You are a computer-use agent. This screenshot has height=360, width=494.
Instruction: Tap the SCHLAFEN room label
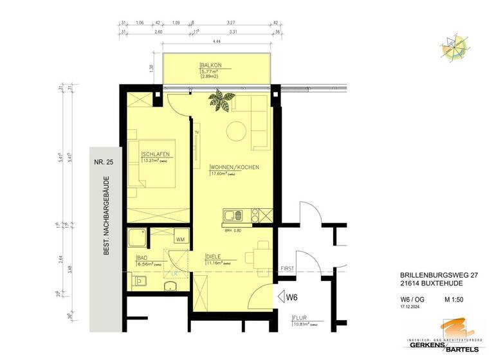tap(156, 154)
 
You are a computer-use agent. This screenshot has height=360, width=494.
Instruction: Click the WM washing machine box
tap(180, 239)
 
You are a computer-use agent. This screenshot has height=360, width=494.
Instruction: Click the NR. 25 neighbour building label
tap(103, 163)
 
